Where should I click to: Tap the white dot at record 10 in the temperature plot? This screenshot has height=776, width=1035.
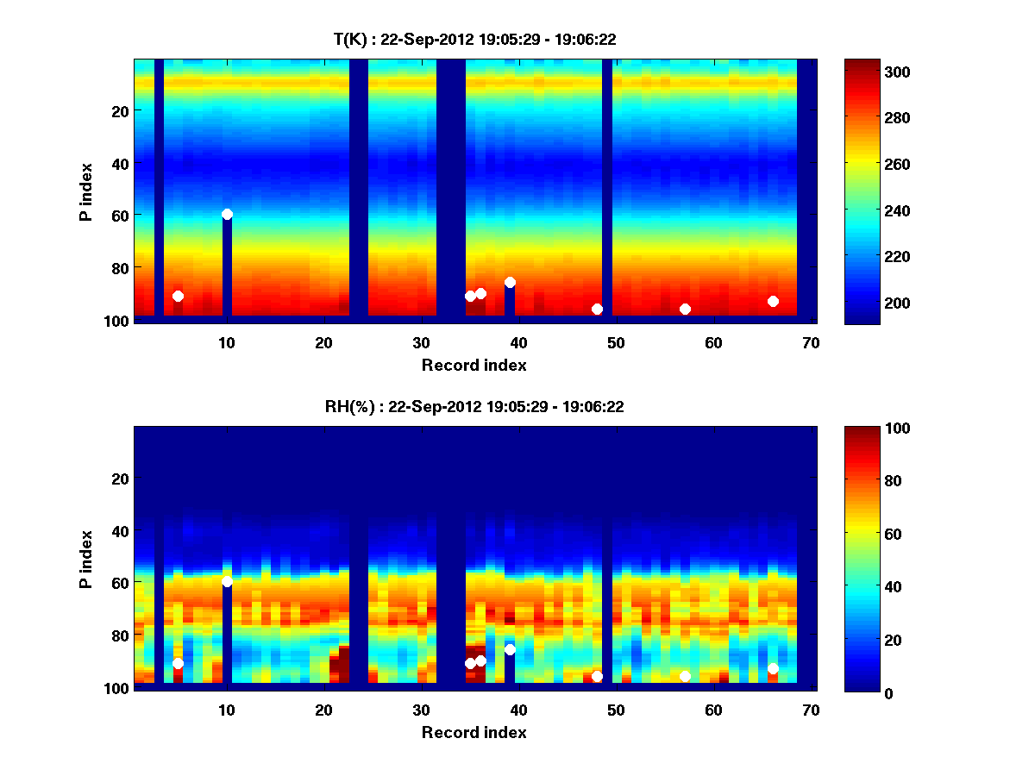click(x=227, y=214)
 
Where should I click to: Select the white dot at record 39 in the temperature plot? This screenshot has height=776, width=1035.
click(x=510, y=282)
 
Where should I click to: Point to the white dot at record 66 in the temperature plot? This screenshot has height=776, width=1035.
click(x=773, y=301)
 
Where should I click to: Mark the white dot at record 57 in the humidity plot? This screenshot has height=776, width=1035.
click(x=685, y=676)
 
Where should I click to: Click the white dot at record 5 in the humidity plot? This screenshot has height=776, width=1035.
click(x=178, y=663)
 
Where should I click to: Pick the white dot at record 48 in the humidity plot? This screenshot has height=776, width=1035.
click(x=597, y=676)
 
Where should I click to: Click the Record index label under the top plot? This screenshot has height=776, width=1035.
click(x=474, y=365)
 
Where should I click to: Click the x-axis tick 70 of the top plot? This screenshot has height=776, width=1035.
click(x=811, y=342)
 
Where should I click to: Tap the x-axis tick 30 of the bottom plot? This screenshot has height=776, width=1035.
click(x=421, y=710)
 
